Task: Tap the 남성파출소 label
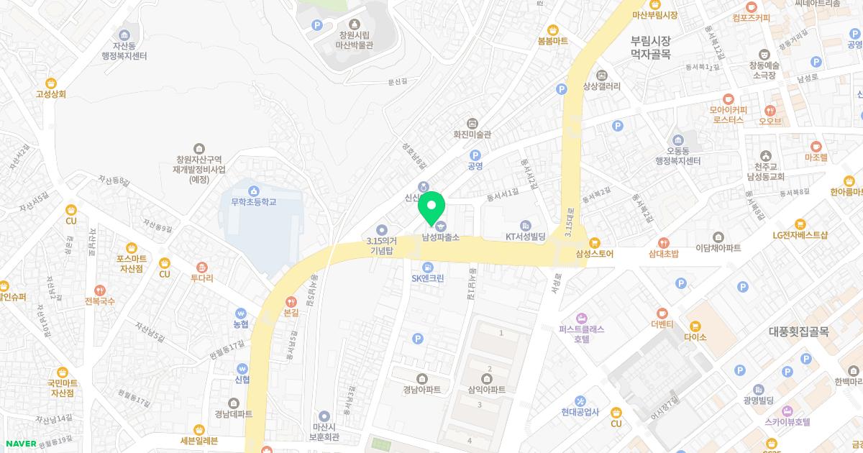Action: pos(440,237)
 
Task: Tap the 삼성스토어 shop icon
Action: pos(595,242)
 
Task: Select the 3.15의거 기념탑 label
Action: pos(381,245)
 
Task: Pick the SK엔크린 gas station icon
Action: pos(428,266)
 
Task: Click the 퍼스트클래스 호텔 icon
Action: pos(581,317)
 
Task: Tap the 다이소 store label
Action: pos(695,336)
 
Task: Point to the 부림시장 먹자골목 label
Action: pos(650,47)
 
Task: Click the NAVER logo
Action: pos(20,444)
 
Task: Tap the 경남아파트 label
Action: pos(421,389)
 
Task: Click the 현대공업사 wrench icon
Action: pos(581,401)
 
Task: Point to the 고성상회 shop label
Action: pos(50,93)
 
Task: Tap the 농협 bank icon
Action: pos(241,314)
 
